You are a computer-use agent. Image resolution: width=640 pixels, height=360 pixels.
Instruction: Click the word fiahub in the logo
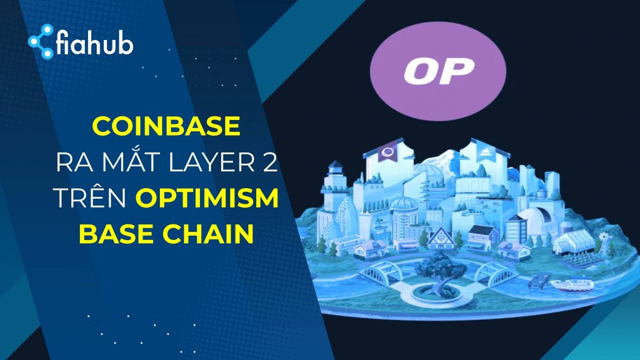click(95, 44)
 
